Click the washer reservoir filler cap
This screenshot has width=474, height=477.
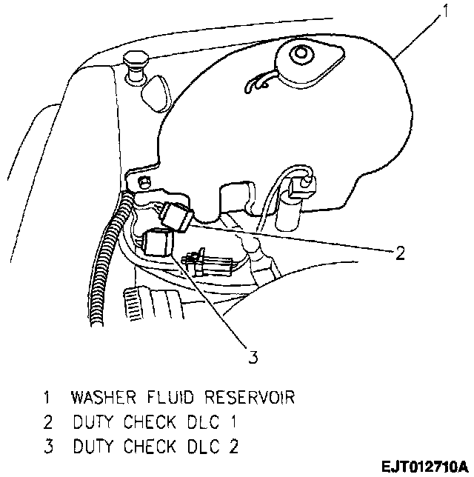pos(301,57)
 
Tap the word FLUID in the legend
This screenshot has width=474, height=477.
pos(172,398)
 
